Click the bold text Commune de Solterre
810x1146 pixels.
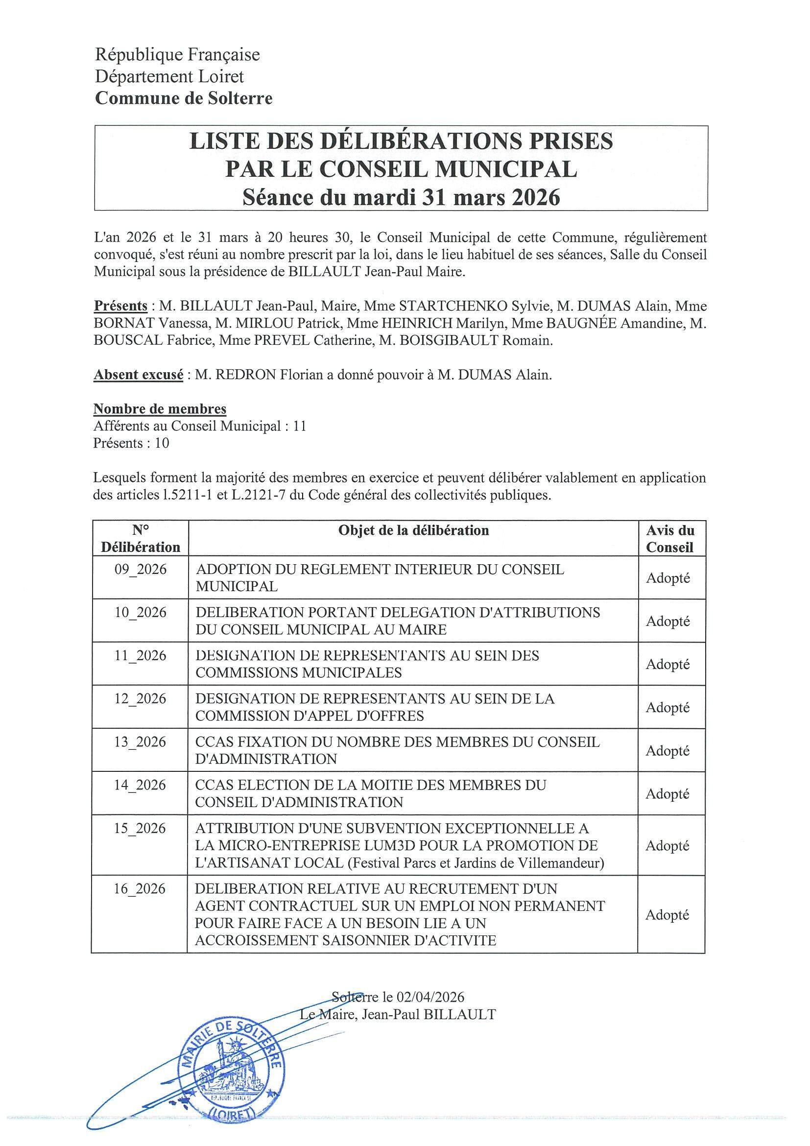point(184,98)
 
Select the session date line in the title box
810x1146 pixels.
point(401,197)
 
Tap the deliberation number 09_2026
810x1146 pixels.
point(141,570)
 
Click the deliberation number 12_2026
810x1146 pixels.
point(140,699)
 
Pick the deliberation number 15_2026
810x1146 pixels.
point(140,829)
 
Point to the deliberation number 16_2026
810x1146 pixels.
point(140,889)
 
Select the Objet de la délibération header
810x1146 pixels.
point(413,530)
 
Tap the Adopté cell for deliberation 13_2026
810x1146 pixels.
point(668,751)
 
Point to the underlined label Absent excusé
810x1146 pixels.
point(138,375)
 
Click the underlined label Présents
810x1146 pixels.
point(120,306)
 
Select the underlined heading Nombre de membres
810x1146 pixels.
point(160,409)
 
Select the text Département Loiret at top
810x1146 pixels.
point(169,76)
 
